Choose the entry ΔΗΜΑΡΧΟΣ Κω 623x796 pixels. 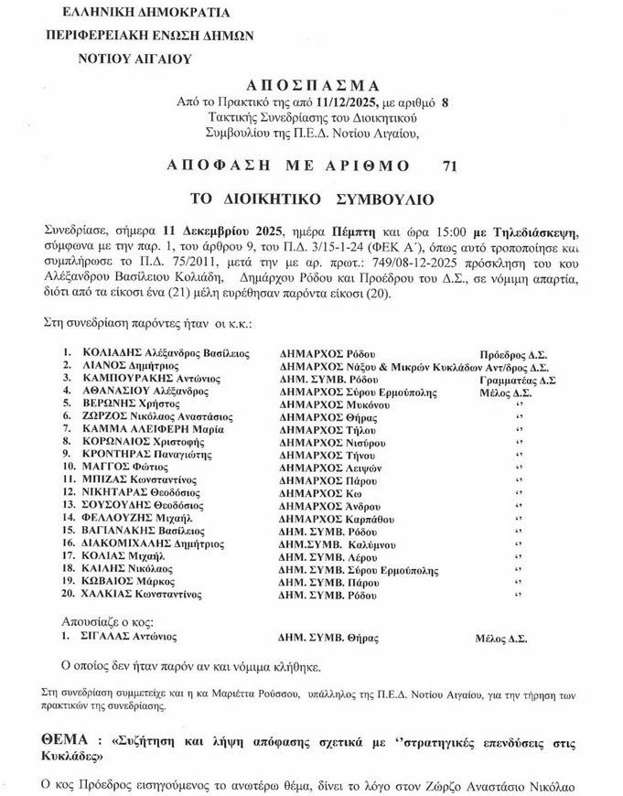[x=317, y=491]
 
